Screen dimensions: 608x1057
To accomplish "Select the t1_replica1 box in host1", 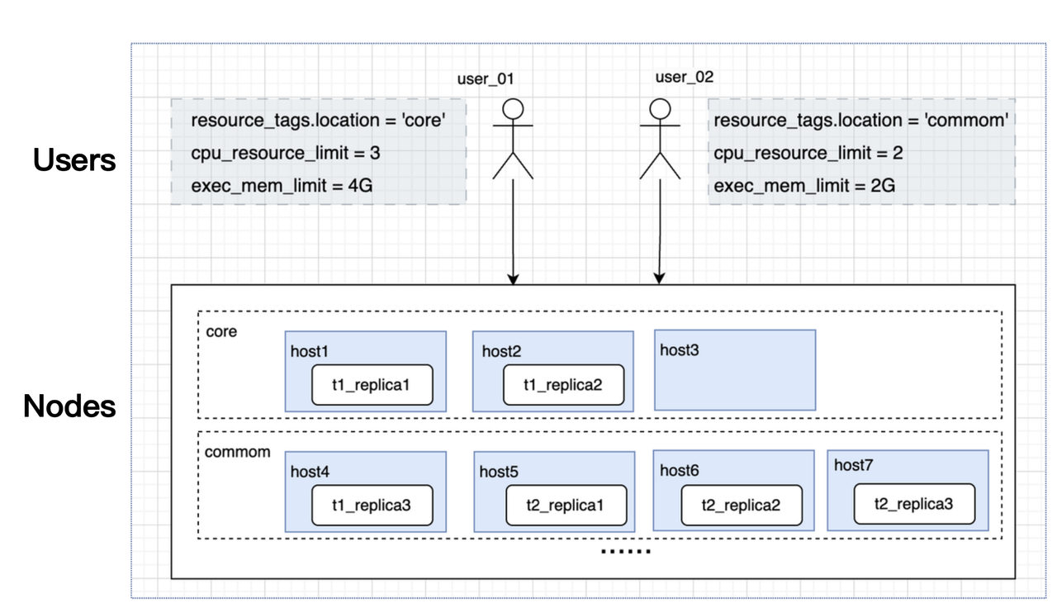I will pos(372,385).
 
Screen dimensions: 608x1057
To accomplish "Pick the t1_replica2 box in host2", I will pos(563,384).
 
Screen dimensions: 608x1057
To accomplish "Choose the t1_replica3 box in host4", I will pos(372,506).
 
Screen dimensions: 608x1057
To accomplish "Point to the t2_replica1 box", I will pos(565,506).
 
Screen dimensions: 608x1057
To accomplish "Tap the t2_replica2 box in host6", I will pos(741,505).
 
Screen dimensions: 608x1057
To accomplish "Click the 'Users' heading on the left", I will pos(74,161).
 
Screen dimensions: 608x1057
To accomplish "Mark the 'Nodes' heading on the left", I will pos(69,406).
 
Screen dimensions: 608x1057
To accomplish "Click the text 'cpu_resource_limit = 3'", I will pos(285,154).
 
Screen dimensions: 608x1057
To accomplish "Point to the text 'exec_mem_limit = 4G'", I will pos(282,187).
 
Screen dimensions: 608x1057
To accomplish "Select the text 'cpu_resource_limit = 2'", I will pos(808,154).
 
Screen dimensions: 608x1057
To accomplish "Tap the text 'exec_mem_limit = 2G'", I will pos(804,187).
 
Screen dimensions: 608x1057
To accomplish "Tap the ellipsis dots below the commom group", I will pos(625,551).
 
